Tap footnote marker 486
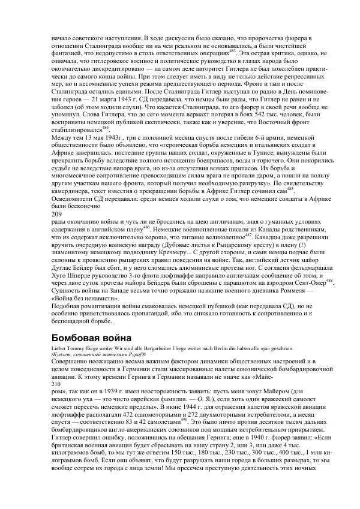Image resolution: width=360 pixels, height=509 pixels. click(147, 227)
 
